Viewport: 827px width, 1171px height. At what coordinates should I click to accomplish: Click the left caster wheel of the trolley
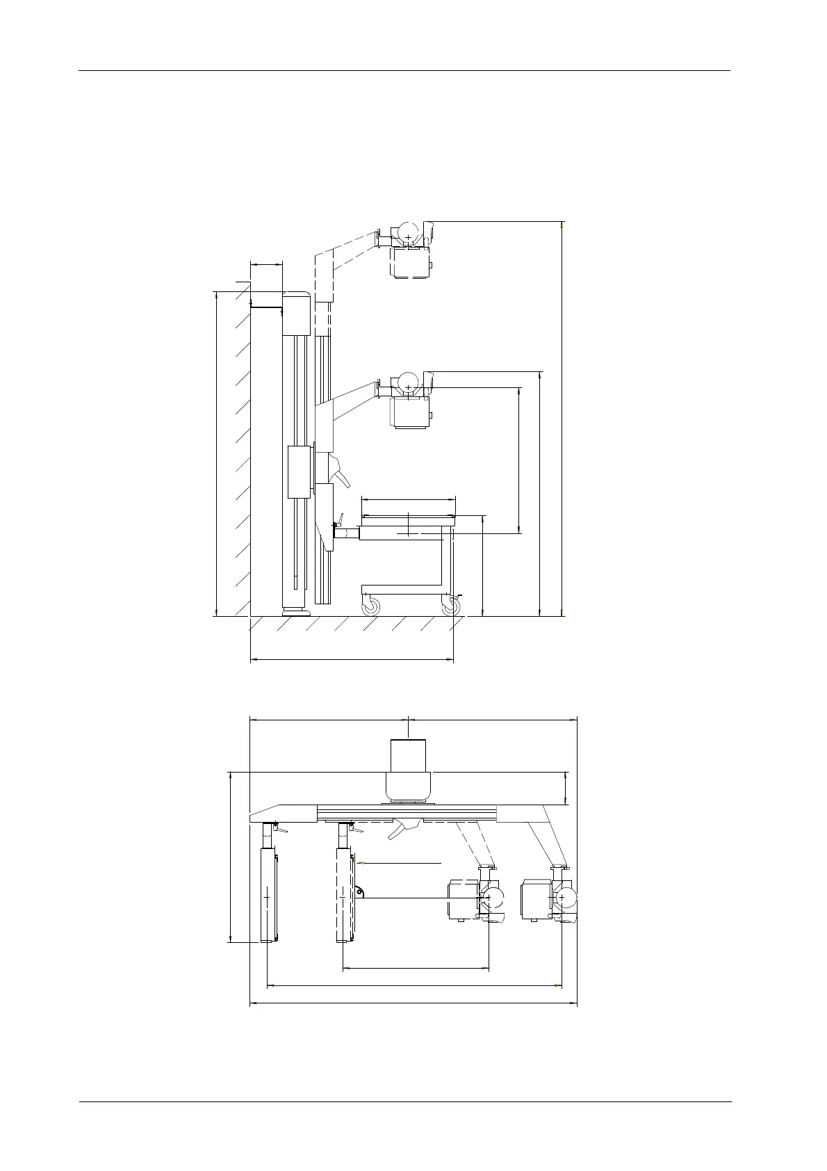(x=371, y=606)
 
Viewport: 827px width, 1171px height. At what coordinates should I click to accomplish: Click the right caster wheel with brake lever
(x=451, y=606)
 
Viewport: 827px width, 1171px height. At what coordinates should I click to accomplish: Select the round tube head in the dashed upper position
(x=408, y=232)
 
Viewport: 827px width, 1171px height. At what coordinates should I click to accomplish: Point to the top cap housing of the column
(x=295, y=313)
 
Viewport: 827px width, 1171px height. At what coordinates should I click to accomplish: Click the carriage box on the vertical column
(x=300, y=472)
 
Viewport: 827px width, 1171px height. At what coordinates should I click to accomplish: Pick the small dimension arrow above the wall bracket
(x=266, y=264)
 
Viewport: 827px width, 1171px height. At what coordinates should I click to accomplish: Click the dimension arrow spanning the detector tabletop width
(x=408, y=499)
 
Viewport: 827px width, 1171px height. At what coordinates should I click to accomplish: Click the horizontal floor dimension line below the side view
(x=351, y=658)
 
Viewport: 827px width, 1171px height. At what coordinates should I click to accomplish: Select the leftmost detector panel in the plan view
(x=268, y=897)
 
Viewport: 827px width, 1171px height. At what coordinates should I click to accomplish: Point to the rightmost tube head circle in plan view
(x=564, y=898)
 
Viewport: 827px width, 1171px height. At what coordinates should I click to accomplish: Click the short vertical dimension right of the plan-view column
(x=566, y=788)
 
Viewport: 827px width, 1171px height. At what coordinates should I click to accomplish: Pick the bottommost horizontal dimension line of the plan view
(x=413, y=1003)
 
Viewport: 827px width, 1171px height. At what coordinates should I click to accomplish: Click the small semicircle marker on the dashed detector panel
(x=359, y=893)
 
